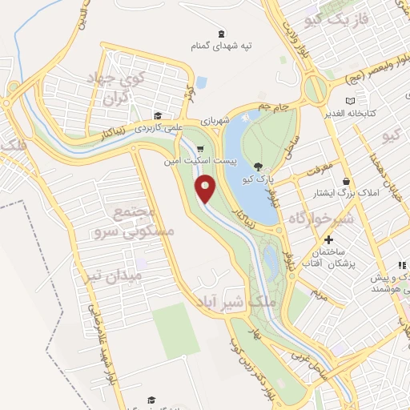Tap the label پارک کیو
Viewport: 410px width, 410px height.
pos(261,179)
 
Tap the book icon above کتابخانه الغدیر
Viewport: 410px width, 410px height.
pos(350,101)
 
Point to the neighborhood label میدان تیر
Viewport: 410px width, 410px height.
pos(114,276)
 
